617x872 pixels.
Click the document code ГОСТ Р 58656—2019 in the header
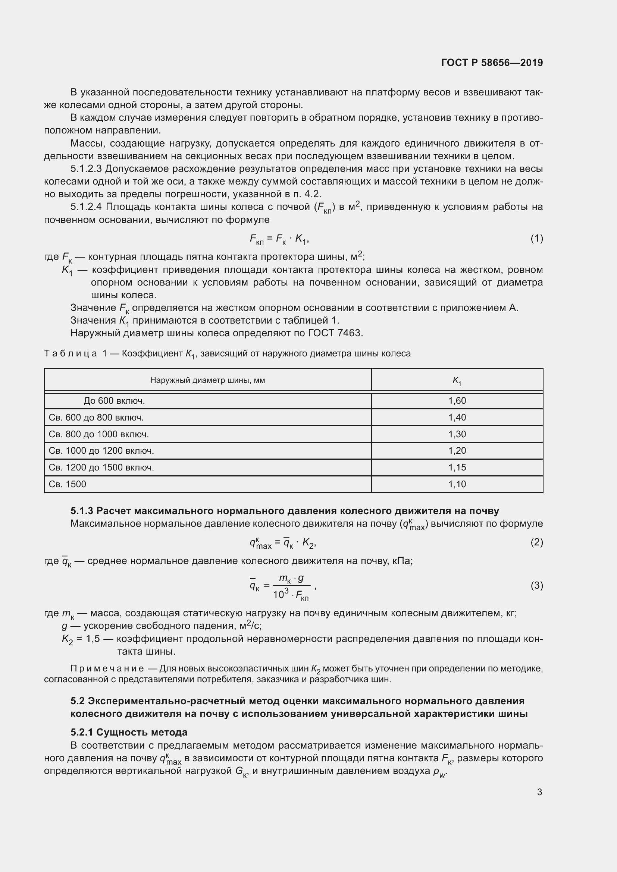click(492, 63)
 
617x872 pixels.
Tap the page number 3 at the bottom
click(539, 792)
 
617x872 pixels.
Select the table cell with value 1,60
click(457, 401)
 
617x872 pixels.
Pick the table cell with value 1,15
click(457, 467)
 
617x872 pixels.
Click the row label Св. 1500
click(67, 484)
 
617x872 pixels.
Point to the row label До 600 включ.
click(114, 401)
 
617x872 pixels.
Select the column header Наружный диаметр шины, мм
click(207, 380)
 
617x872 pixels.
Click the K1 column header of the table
click(457, 381)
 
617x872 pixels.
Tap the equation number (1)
click(536, 239)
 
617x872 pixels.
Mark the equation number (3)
click(536, 585)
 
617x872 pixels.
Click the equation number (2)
click(536, 542)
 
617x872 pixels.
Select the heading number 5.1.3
click(82, 511)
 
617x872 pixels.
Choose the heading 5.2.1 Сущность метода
click(129, 732)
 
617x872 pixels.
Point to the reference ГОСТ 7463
click(335, 333)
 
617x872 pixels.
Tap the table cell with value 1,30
click(457, 434)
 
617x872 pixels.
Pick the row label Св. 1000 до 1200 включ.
click(101, 451)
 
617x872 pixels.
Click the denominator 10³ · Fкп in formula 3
click(291, 595)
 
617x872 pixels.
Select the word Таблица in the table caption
click(70, 353)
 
